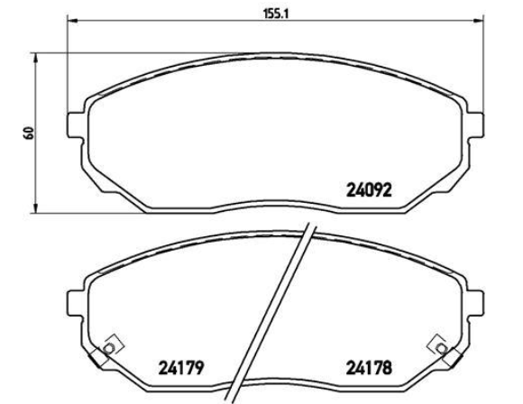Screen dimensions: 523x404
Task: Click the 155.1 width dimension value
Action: pyautogui.click(x=276, y=14)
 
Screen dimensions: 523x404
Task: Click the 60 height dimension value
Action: pyautogui.click(x=29, y=133)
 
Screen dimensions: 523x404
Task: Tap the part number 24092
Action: pyautogui.click(x=369, y=190)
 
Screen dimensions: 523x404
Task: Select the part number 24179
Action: pyautogui.click(x=180, y=368)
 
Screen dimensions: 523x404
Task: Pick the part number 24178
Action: pyautogui.click(x=369, y=368)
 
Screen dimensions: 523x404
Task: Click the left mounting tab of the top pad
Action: pyautogui.click(x=75, y=125)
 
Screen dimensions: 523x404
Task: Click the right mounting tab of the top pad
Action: pyautogui.click(x=475, y=125)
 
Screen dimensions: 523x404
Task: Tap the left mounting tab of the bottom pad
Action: pyautogui.click(x=75, y=303)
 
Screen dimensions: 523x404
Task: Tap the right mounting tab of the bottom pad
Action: pyautogui.click(x=475, y=303)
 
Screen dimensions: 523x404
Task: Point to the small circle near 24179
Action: pyautogui.click(x=109, y=349)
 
